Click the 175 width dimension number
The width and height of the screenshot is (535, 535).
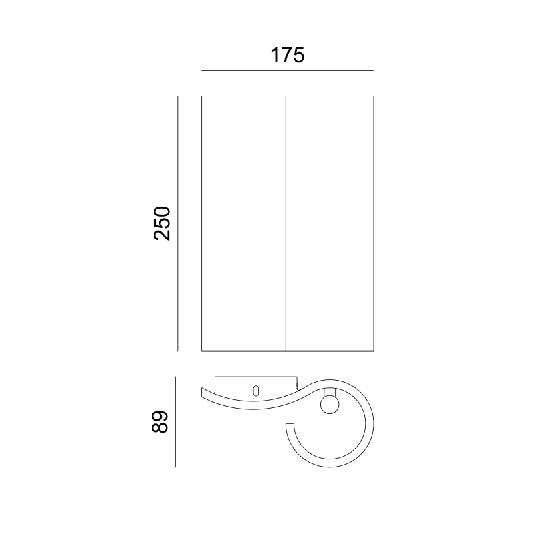[x=288, y=56]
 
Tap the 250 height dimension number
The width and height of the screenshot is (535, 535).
[x=162, y=223]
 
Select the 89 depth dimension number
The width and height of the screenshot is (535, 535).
[x=160, y=422]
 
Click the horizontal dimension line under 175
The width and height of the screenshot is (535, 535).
[x=288, y=71]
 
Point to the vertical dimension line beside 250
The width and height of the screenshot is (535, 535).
[x=177, y=223]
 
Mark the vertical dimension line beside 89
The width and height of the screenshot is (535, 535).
[x=175, y=422]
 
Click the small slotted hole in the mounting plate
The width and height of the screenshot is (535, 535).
[x=256, y=391]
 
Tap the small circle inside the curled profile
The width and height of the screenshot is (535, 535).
[x=330, y=405]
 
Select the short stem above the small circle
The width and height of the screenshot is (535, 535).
[x=330, y=393]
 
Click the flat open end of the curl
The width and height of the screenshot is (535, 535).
[x=290, y=424]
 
